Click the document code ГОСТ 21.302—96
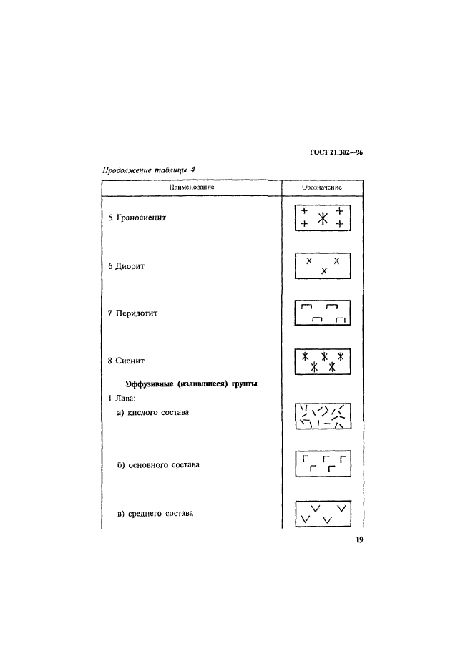coord(336,152)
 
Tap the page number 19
coord(359,539)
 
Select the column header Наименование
coord(192,187)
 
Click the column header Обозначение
coord(322,187)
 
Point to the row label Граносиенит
coord(141,218)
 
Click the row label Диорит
coord(130,266)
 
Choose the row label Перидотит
coord(137,313)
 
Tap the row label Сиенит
coord(130,361)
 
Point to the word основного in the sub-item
coord(148,464)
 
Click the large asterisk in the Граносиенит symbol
coord(323,218)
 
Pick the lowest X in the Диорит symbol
coord(324,270)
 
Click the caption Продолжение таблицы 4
coord(148,170)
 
